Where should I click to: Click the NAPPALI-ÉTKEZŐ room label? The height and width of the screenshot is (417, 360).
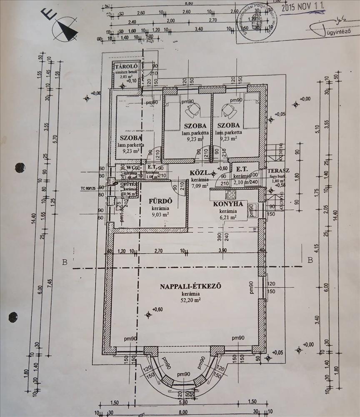(190, 286)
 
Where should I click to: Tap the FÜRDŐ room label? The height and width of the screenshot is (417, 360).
(160, 201)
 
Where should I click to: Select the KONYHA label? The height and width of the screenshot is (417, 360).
(228, 204)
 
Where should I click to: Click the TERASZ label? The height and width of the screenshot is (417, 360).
(278, 171)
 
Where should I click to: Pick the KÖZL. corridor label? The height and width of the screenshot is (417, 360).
(199, 173)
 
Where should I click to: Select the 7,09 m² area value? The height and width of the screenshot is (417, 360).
(200, 186)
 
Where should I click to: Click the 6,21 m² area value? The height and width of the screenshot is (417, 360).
(228, 217)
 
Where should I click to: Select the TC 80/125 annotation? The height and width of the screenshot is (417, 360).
(90, 188)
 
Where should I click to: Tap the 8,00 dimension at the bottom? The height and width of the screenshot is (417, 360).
(182, 413)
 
